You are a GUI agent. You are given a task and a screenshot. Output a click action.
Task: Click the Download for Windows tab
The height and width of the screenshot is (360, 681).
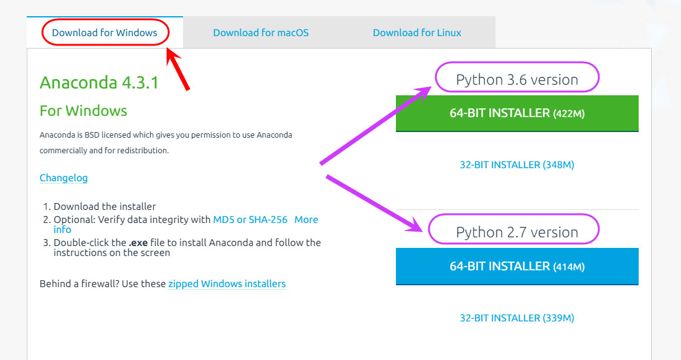click(104, 32)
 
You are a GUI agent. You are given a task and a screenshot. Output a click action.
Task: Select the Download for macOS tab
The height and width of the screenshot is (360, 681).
click(261, 32)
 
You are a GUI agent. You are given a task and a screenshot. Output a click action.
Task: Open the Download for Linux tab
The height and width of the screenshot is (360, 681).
click(417, 32)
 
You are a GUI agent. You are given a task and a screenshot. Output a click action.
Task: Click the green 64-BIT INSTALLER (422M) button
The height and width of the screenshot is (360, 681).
click(517, 113)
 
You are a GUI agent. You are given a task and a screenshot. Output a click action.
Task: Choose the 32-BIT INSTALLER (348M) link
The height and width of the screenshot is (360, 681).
click(517, 165)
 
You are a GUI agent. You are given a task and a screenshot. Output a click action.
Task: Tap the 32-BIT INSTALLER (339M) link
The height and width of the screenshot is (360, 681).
click(517, 318)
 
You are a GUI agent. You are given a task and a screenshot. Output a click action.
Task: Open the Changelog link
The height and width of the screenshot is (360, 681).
click(63, 178)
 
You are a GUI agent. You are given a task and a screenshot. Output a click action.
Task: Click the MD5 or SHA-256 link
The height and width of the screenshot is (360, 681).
click(250, 220)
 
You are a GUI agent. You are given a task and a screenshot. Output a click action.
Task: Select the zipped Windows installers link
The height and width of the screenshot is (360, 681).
click(227, 283)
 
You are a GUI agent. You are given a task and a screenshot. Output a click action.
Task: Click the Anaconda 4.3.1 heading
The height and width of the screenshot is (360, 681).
click(99, 83)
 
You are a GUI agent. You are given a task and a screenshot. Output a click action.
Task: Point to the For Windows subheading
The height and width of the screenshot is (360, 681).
click(83, 111)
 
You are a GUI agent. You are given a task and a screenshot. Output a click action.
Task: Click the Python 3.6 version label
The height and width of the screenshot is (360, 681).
click(517, 80)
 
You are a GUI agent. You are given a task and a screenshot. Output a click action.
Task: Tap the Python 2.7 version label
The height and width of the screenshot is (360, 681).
click(517, 232)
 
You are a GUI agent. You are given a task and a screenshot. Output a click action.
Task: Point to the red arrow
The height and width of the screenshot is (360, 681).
click(178, 69)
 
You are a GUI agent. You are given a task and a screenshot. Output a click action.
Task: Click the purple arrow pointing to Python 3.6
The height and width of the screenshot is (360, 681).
click(375, 125)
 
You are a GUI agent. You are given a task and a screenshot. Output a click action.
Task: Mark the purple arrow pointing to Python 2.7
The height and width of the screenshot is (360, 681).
click(374, 204)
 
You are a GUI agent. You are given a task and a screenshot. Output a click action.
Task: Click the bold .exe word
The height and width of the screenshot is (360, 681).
click(138, 243)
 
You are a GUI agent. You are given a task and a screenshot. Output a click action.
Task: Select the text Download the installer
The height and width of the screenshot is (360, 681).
click(105, 207)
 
